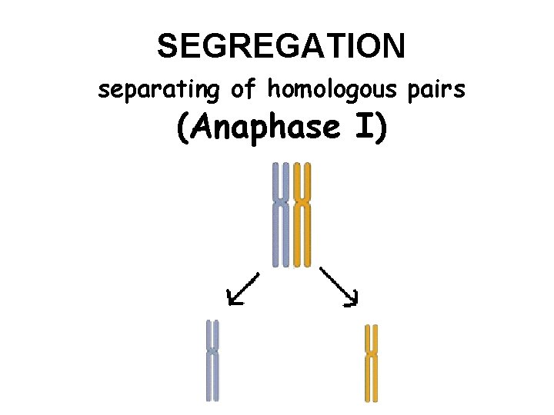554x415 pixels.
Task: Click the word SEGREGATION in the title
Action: pyautogui.click(x=281, y=46)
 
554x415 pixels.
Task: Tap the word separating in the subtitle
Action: pyautogui.click(x=159, y=90)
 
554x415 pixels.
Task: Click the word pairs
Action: pyautogui.click(x=436, y=90)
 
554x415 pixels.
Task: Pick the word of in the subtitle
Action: pyautogui.click(x=243, y=90)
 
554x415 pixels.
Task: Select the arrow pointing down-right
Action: pyautogui.click(x=339, y=287)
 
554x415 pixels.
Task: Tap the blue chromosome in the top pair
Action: pyautogui.click(x=282, y=215)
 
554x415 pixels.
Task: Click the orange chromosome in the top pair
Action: pyautogui.click(x=302, y=215)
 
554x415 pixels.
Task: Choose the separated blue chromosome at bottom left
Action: pyautogui.click(x=212, y=360)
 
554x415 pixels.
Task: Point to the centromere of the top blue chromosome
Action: pyautogui.click(x=282, y=202)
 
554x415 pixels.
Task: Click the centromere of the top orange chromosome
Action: pyautogui.click(x=302, y=202)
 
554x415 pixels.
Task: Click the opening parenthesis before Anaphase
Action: pyautogui.click(x=182, y=128)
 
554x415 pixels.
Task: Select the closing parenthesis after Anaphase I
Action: pyautogui.click(x=381, y=128)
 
